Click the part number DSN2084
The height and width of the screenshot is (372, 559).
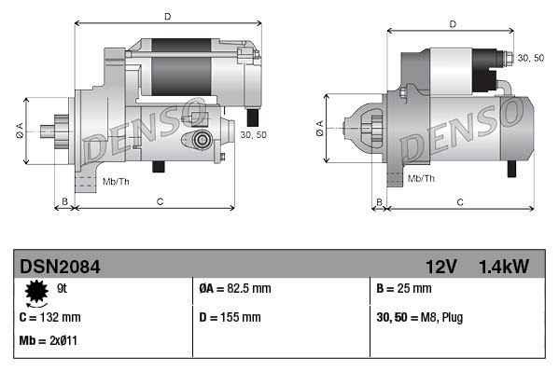coord(60,267)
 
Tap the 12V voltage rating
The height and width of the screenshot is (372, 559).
coord(440,267)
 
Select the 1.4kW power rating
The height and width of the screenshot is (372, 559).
coord(503,267)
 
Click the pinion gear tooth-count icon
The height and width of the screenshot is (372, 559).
coord(37,294)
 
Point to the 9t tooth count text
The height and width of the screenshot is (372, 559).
coord(63,290)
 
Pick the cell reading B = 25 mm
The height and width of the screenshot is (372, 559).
coord(407,290)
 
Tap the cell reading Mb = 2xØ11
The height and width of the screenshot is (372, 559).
coord(48,340)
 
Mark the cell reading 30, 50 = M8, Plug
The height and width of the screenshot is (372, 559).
coord(419,317)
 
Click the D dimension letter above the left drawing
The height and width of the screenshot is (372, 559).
coord(168,16)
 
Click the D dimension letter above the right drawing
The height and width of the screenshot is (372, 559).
coord(452,23)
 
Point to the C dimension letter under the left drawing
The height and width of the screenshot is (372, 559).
coord(161,201)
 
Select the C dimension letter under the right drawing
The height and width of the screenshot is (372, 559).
coord(461,201)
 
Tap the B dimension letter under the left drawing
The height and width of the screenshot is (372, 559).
coord(64,201)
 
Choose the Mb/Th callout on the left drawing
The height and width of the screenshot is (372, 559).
coord(117,180)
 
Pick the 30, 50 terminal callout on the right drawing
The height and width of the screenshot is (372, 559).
coord(531,58)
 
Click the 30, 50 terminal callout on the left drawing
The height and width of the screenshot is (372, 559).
coord(253,135)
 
